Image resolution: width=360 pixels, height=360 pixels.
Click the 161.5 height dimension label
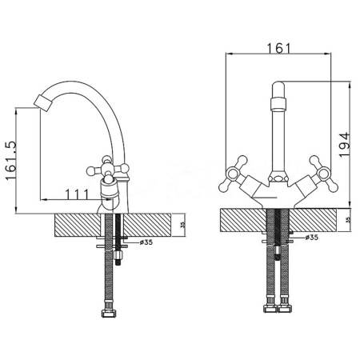pyautogui.click(x=11, y=161)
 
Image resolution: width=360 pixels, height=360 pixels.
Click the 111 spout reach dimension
pyautogui.click(x=77, y=194)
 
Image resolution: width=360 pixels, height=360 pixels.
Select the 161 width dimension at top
pyautogui.click(x=279, y=48)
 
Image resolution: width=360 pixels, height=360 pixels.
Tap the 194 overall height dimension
pyautogui.click(x=345, y=145)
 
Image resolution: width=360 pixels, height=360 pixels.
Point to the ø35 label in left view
pyautogui.click(x=146, y=242)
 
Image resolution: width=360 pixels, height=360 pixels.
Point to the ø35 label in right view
pyautogui.click(x=312, y=237)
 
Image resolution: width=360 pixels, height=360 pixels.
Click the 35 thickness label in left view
pyautogui.click(x=182, y=225)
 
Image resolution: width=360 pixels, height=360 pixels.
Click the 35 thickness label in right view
pyautogui.click(x=347, y=220)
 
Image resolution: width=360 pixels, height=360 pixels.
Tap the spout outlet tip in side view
pyautogui.click(x=42, y=102)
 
